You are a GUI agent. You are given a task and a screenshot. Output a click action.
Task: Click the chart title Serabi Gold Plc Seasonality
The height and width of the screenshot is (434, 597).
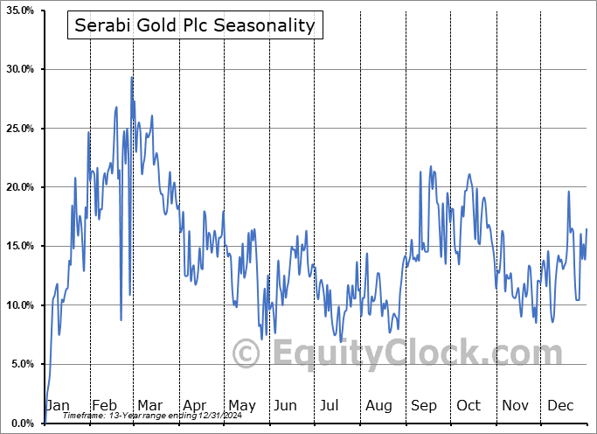click(194, 25)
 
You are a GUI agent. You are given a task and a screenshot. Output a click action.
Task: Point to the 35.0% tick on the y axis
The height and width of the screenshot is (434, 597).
click(19, 10)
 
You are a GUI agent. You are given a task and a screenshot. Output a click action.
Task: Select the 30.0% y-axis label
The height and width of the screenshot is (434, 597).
click(19, 69)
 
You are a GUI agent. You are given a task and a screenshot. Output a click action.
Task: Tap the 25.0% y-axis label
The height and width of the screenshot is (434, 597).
click(19, 129)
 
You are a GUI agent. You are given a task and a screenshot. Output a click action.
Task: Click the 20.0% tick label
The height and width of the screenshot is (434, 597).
click(19, 187)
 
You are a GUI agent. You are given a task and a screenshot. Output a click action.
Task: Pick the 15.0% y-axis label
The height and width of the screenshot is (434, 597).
click(19, 247)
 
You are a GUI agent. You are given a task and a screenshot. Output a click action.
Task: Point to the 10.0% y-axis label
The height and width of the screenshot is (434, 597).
click(19, 305)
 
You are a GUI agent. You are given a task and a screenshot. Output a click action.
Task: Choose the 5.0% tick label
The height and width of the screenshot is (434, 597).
click(21, 364)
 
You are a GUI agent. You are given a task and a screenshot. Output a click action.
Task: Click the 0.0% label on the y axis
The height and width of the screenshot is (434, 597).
click(21, 423)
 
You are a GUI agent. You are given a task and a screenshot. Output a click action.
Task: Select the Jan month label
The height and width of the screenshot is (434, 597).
click(57, 406)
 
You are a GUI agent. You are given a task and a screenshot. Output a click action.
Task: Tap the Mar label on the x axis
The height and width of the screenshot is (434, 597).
click(149, 406)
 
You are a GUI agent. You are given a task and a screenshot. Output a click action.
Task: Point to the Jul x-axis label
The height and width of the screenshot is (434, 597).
click(330, 406)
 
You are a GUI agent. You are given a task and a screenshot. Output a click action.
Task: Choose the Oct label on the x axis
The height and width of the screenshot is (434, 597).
click(469, 406)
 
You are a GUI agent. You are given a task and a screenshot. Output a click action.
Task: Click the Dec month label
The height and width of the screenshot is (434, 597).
click(560, 406)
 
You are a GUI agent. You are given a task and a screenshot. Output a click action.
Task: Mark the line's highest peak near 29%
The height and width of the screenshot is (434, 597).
click(132, 77)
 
